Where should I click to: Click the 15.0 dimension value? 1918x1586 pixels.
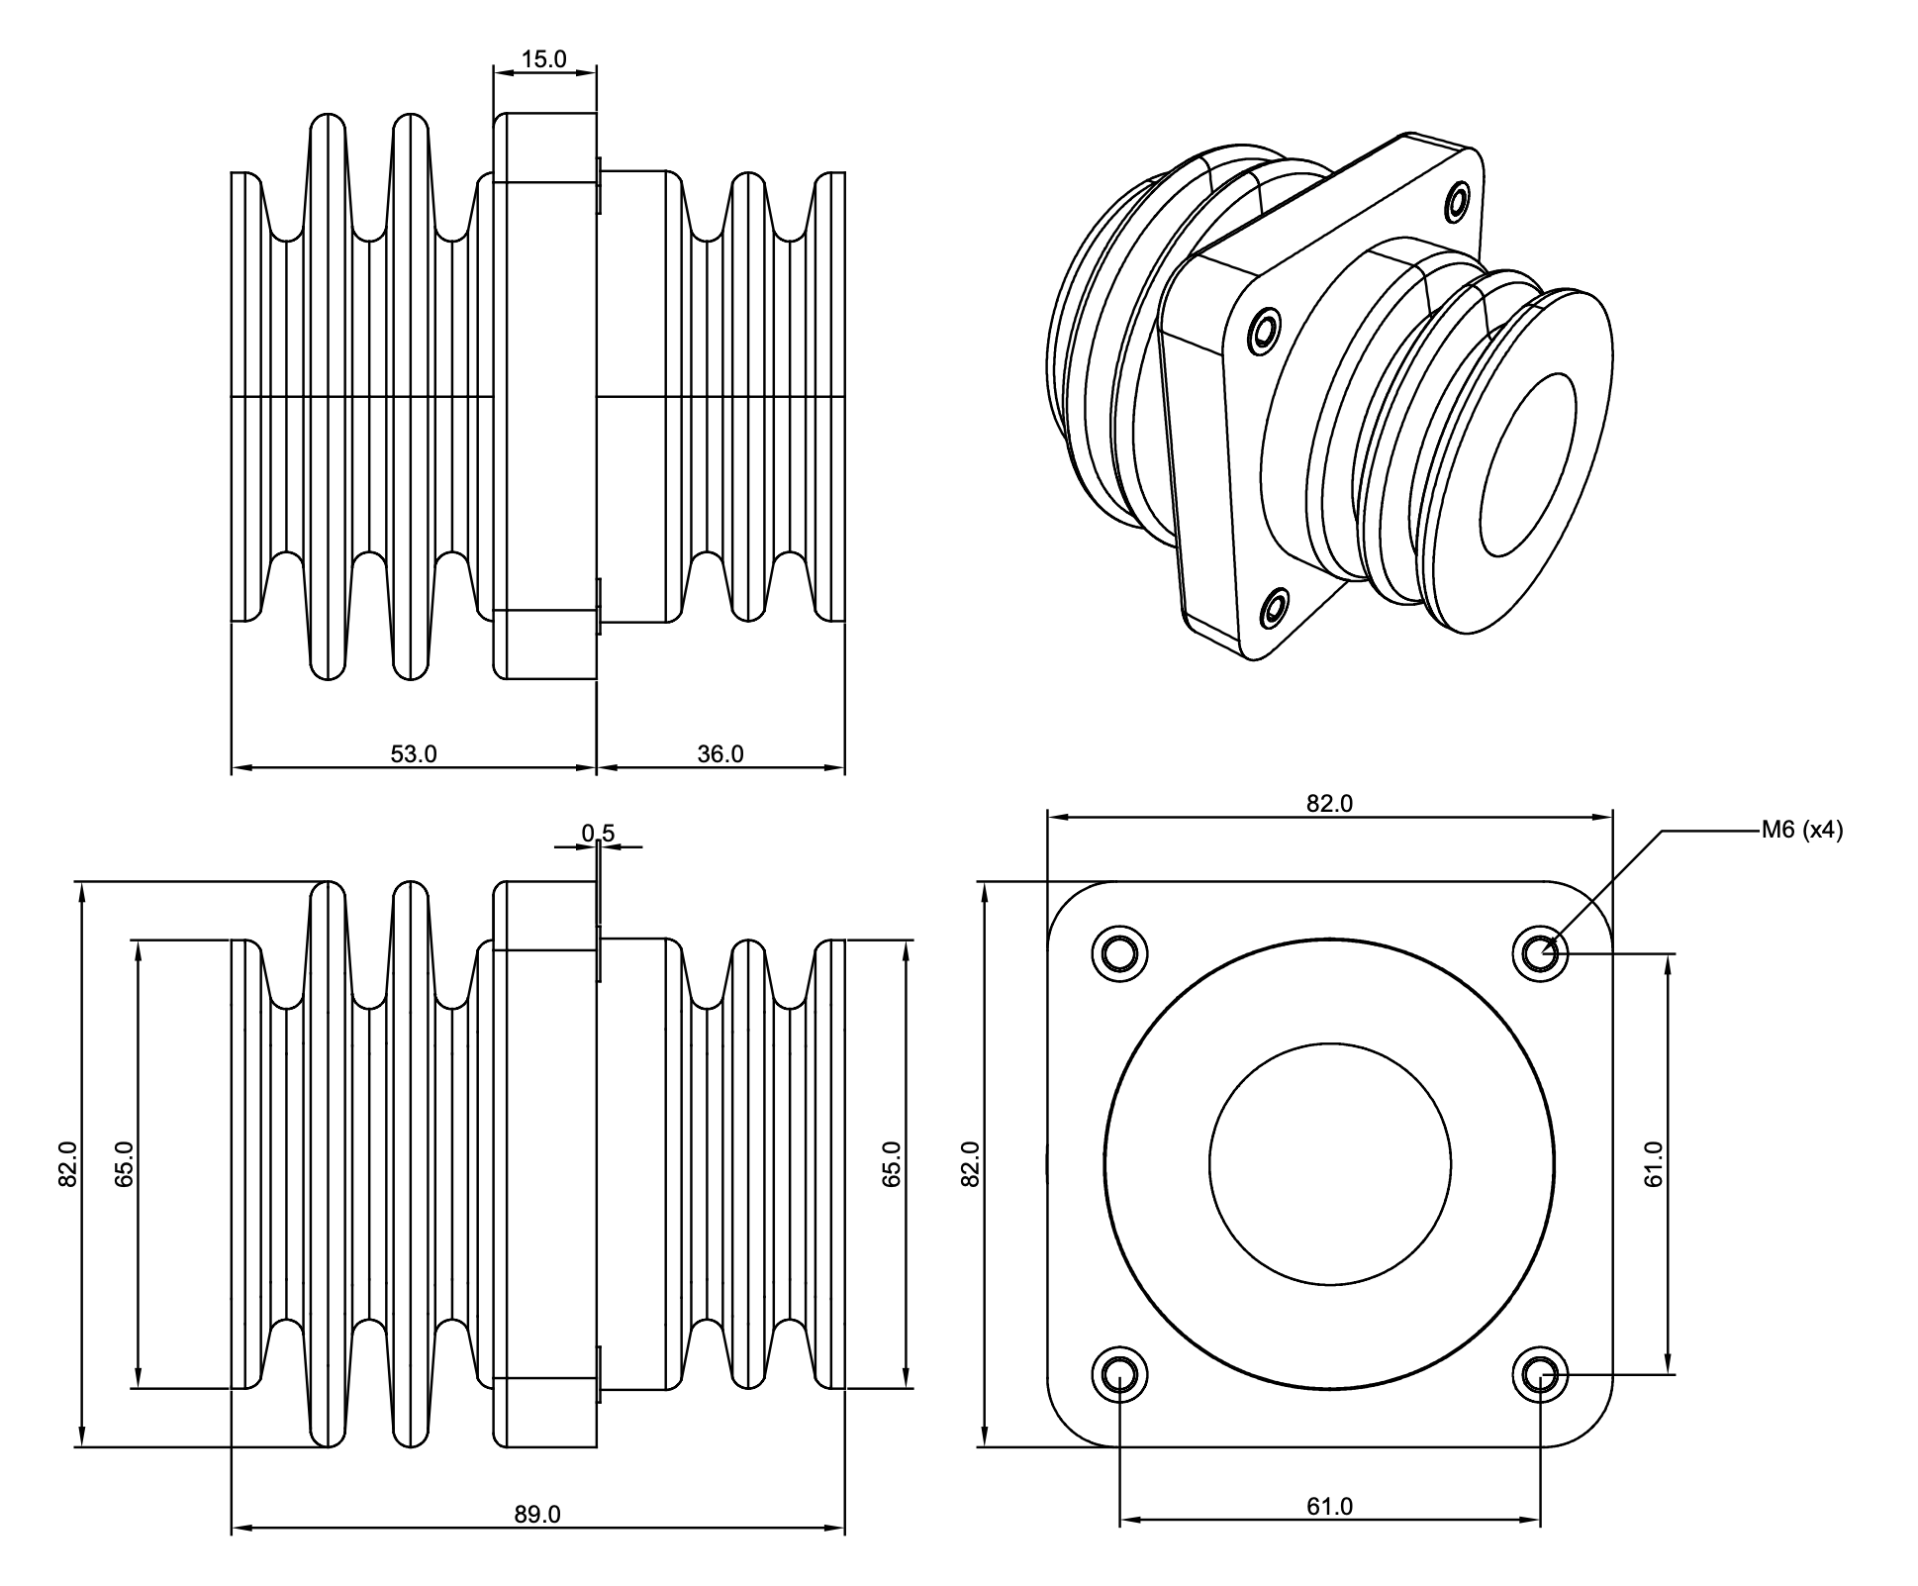(543, 59)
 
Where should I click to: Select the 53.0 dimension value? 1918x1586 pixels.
(413, 754)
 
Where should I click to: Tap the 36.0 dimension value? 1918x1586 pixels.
(719, 754)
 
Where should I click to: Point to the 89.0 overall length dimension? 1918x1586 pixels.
(536, 1515)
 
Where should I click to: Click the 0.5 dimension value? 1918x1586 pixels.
(598, 834)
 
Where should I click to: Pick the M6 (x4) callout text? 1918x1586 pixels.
(1801, 831)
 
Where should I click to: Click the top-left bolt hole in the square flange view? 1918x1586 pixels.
(1119, 954)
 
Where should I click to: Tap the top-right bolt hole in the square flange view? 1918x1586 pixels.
(1540, 954)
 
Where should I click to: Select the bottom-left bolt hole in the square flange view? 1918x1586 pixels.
(1119, 1374)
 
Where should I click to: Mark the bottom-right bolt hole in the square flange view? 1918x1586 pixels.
(1540, 1374)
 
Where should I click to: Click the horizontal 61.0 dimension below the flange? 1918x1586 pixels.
(1329, 1507)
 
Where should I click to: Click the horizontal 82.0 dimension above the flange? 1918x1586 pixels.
(1329, 804)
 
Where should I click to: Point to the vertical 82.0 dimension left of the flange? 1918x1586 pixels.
(971, 1164)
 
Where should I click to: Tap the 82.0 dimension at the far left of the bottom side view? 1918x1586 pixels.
(68, 1164)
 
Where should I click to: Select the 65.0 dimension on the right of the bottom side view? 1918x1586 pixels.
(892, 1164)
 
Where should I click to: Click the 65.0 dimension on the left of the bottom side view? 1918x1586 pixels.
(125, 1164)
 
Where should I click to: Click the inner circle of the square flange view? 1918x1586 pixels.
(1329, 1164)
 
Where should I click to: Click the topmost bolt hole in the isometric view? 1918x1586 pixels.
(1457, 203)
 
